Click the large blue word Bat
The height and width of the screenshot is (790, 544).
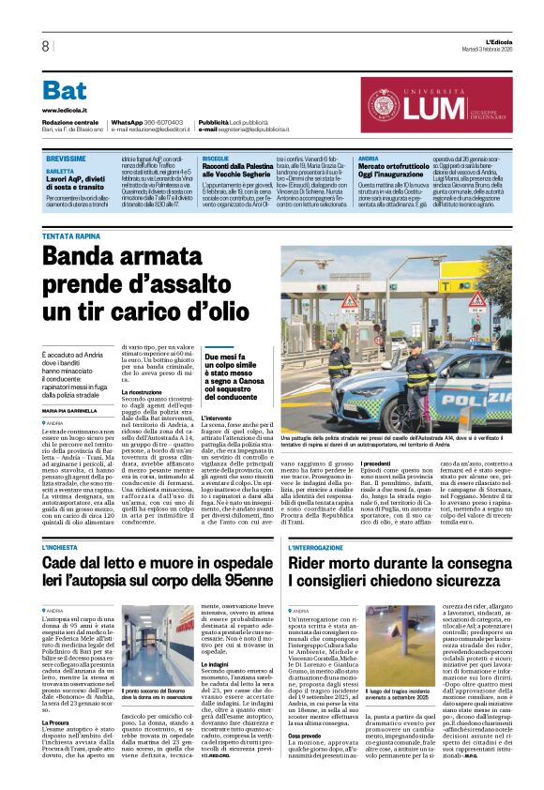(65, 91)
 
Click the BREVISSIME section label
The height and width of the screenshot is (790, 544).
(65, 160)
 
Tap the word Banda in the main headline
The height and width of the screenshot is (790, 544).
(91, 260)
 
